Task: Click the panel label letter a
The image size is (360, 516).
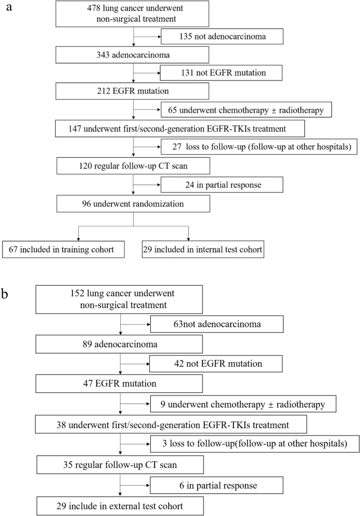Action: pyautogui.click(x=8, y=9)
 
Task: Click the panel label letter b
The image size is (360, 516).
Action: pyautogui.click(x=8, y=294)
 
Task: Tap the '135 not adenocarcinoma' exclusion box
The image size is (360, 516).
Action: pyautogui.click(x=222, y=37)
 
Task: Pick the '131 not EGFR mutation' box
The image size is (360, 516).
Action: pyautogui.click(x=222, y=73)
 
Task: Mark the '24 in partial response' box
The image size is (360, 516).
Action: pyautogui.click(x=222, y=185)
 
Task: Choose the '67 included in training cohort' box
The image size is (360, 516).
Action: pyautogui.click(x=64, y=249)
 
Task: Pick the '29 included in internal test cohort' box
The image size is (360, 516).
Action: pyautogui.click(x=202, y=249)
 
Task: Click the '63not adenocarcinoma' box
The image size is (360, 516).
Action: pyautogui.click(x=217, y=323)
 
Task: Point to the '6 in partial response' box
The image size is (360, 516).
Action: pyautogui.click(x=217, y=484)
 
